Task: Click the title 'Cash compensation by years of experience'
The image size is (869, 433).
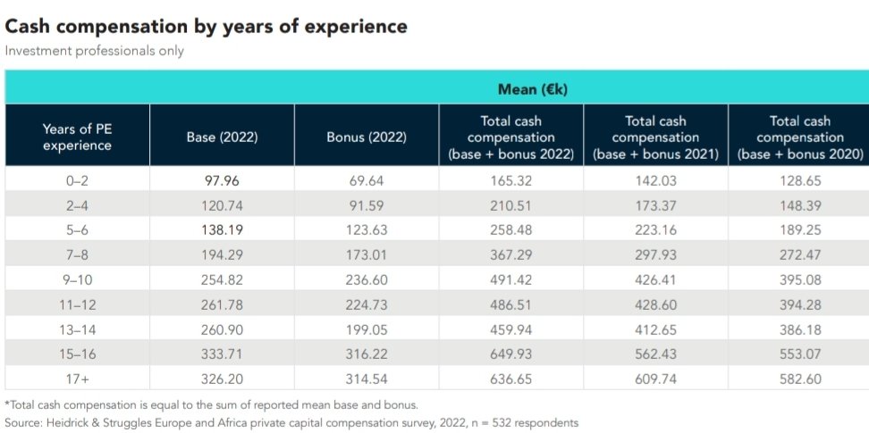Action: pyautogui.click(x=207, y=26)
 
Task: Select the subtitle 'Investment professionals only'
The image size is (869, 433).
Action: pyautogui.click(x=94, y=51)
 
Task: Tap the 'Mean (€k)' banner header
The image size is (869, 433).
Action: pyautogui.click(x=533, y=89)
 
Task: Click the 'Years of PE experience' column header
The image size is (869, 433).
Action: pyautogui.click(x=78, y=137)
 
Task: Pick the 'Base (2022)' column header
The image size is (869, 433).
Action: pyautogui.click(x=222, y=137)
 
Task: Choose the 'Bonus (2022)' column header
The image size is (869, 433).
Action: pyautogui.click(x=367, y=137)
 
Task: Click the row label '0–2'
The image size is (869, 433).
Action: pyautogui.click(x=78, y=179)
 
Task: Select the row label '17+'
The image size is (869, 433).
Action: pyautogui.click(x=78, y=379)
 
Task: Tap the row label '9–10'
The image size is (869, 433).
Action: pyautogui.click(x=78, y=279)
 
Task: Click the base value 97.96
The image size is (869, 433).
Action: pyautogui.click(x=222, y=179)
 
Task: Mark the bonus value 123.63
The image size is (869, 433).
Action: pyautogui.click(x=367, y=229)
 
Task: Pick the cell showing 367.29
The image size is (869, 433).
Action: pyautogui.click(x=511, y=254)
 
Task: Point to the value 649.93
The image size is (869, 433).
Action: pyautogui.click(x=511, y=354)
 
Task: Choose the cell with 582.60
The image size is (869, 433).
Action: pyautogui.click(x=799, y=379)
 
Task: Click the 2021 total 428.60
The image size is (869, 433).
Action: pyautogui.click(x=655, y=304)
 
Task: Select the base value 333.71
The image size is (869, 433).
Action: pyautogui.click(x=222, y=354)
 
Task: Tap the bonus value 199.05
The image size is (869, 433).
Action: pyautogui.click(x=367, y=329)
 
